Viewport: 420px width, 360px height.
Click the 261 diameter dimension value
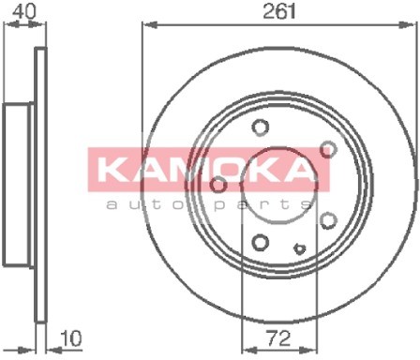click(279, 11)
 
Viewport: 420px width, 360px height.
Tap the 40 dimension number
click(24, 11)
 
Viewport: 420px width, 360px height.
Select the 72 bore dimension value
click(277, 338)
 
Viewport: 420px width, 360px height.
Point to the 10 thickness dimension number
click(71, 338)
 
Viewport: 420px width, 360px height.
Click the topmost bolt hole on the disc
click(261, 127)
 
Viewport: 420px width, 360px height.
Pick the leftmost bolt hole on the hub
click(218, 185)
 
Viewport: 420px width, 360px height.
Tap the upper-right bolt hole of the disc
click(328, 149)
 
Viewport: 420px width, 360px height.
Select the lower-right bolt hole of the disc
click(328, 220)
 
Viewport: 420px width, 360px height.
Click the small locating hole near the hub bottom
click(299, 248)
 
